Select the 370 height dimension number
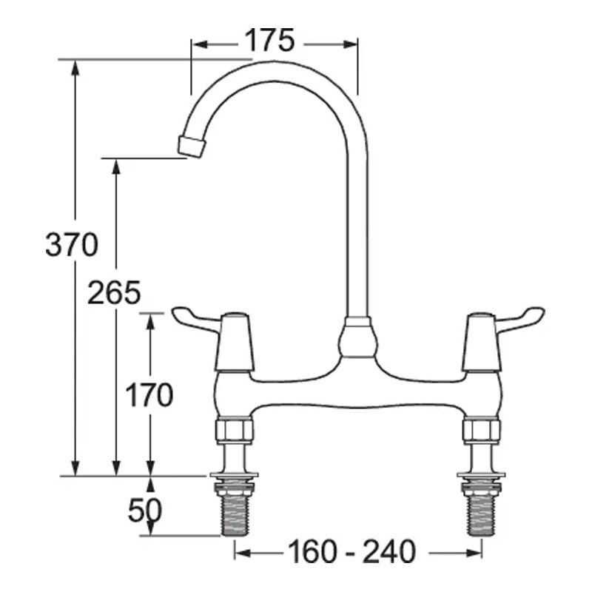[71, 245]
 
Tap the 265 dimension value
[113, 294]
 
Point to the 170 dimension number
[149, 396]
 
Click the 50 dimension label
[145, 510]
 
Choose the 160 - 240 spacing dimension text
[351, 551]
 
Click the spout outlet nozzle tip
[192, 146]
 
